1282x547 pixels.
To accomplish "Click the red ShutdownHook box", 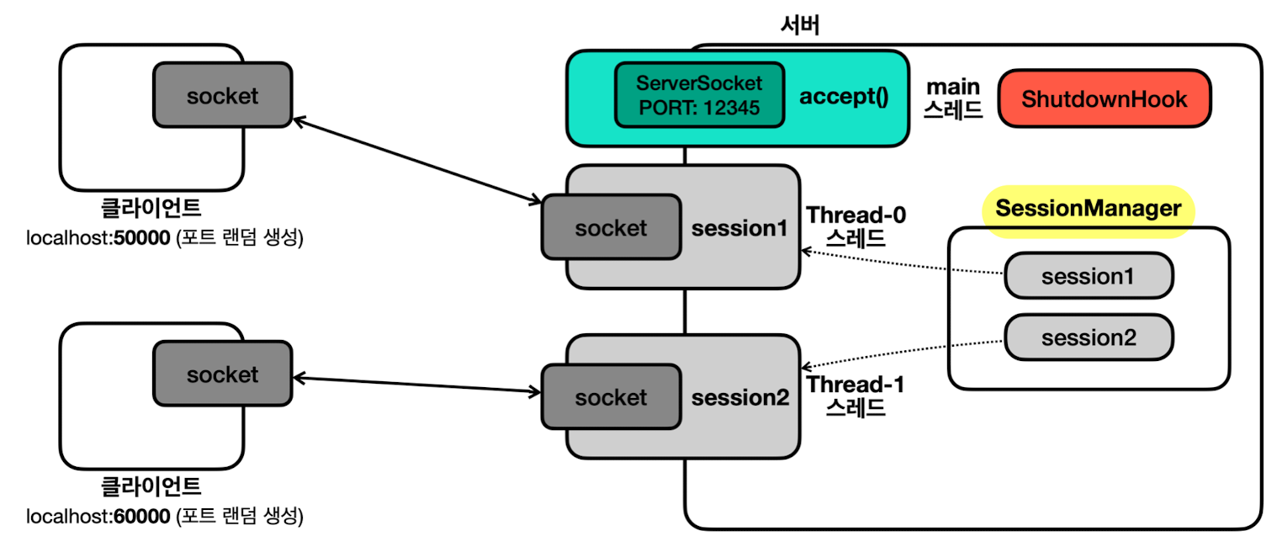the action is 1104,98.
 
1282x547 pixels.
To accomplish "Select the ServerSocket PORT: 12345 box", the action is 699,95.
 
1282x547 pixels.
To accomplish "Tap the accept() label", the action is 844,96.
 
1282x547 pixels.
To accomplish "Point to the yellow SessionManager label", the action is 1088,209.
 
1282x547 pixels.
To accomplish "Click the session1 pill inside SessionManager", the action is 1089,276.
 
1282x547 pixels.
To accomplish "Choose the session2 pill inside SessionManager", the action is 1089,337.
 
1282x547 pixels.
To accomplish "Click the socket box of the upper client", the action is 223,95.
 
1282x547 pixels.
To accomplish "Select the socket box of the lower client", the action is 223,374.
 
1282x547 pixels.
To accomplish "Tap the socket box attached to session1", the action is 612,227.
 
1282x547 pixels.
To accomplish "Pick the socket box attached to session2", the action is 612,397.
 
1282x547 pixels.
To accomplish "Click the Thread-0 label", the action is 856,215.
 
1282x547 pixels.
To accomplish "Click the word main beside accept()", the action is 953,87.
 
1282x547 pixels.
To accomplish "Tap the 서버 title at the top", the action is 800,24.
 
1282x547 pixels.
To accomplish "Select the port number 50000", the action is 141,237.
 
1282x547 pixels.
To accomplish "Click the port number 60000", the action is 141,516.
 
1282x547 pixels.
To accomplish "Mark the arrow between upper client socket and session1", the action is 417,161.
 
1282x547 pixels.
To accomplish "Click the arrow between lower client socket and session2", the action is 417,385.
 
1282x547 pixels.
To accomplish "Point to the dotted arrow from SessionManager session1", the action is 902,262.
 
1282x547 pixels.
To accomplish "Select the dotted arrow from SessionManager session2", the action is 902,354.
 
